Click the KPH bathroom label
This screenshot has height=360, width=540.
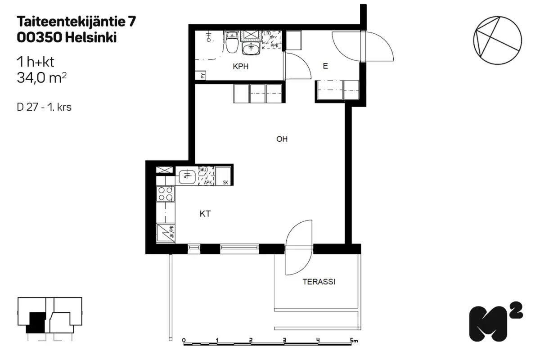click(241, 67)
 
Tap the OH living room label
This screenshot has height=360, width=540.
click(282, 139)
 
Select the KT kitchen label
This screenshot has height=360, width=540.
click(205, 214)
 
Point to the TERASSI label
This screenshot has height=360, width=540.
click(319, 282)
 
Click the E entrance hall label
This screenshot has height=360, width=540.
click(325, 66)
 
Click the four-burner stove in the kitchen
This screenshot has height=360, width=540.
click(165, 194)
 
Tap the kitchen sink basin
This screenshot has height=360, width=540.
click(186, 177)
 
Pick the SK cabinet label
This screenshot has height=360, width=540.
click(225, 182)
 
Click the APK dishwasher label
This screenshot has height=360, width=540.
click(207, 182)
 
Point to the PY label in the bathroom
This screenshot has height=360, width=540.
click(203, 76)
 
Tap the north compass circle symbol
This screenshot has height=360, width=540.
click(497, 41)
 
